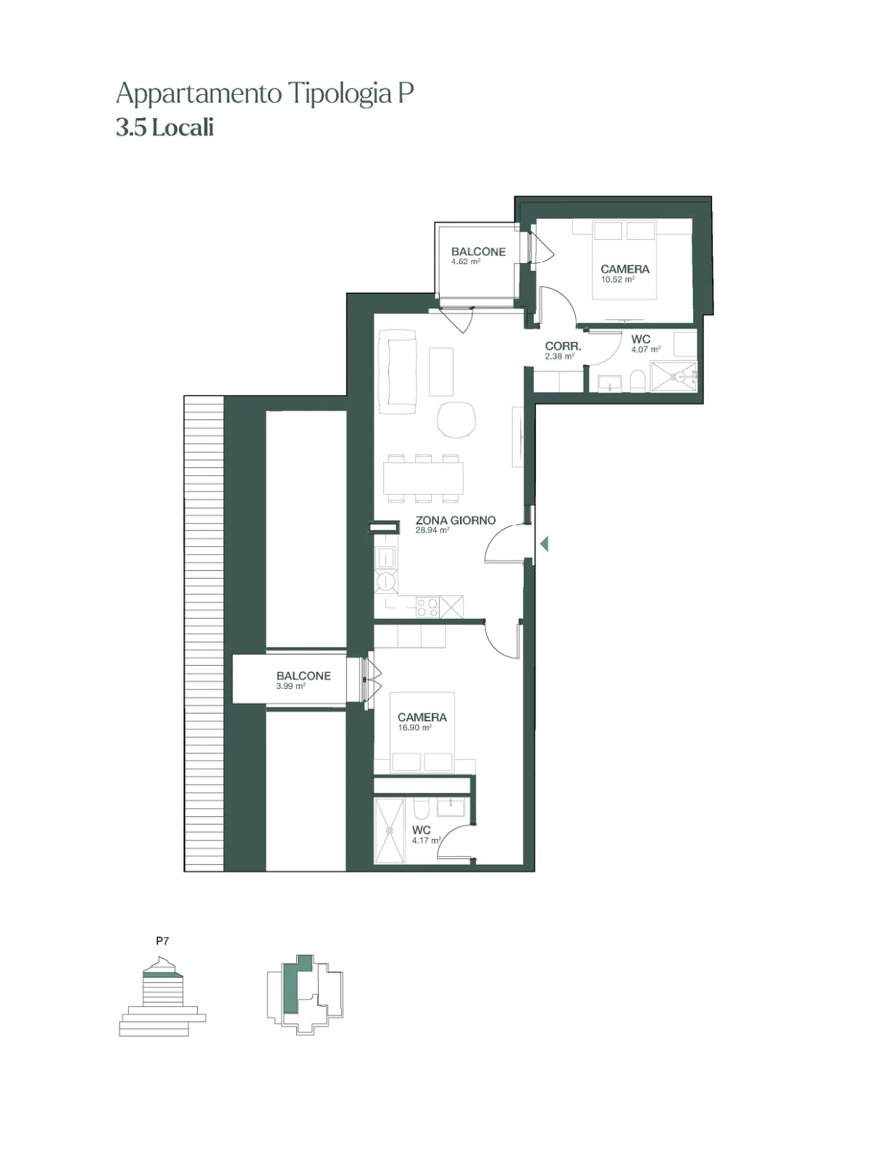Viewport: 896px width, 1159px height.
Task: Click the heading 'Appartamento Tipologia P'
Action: (x=264, y=93)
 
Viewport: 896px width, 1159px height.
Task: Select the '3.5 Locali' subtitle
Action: (x=165, y=128)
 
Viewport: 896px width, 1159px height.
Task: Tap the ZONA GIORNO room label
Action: (x=456, y=520)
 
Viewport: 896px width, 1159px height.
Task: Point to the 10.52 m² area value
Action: (x=618, y=279)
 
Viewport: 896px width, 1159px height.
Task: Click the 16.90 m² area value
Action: (x=414, y=727)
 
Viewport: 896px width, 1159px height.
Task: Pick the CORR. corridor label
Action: (x=563, y=346)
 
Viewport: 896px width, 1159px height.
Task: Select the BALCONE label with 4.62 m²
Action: (x=478, y=252)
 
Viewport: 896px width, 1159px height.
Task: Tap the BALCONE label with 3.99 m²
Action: (x=303, y=676)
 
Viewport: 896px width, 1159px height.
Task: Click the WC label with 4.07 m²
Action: (x=640, y=339)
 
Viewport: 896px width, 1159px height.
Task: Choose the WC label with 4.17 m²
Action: (x=422, y=830)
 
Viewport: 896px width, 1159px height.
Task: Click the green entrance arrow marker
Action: (x=544, y=544)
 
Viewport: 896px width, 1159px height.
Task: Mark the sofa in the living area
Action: (x=398, y=371)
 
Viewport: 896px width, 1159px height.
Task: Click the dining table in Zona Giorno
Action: (x=423, y=478)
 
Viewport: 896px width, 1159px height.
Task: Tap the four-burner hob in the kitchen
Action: (x=428, y=607)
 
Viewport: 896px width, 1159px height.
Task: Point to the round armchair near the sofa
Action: (x=456, y=419)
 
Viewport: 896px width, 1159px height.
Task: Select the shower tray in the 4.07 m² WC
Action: (x=673, y=377)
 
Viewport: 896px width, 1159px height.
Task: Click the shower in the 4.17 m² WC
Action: (x=390, y=830)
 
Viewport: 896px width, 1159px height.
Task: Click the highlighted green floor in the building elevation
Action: (x=163, y=974)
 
